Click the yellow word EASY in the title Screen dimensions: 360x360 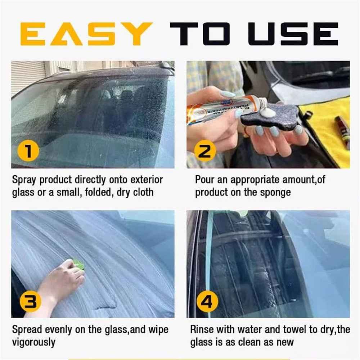pyautogui.click(x=86, y=34)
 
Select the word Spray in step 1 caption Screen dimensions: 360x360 pyautogui.click(x=24, y=180)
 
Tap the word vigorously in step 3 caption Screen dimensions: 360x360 pyautogui.click(x=34, y=342)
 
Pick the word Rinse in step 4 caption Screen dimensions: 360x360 pyautogui.click(x=202, y=329)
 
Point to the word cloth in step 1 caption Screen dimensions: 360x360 pyautogui.click(x=143, y=192)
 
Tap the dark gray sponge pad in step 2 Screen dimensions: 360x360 pyautogui.click(x=274, y=119)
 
